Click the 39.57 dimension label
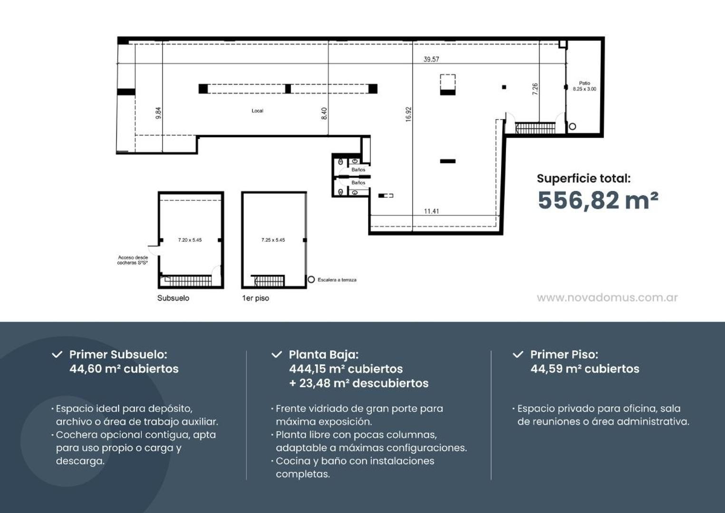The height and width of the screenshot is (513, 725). tap(431, 59)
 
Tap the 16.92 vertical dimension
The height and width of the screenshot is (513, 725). tap(408, 114)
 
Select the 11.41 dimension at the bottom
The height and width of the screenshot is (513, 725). tap(431, 211)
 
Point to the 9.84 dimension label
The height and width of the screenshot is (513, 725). tap(158, 113)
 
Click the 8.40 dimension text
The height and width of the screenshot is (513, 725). tap(324, 113)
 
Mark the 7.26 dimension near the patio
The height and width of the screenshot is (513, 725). tap(535, 89)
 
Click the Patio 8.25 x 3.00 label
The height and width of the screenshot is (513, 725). tap(584, 86)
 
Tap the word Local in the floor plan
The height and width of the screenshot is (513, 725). tap(257, 111)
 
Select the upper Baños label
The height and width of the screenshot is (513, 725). tap(358, 170)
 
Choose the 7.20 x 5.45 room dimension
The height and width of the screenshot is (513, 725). tap(190, 240)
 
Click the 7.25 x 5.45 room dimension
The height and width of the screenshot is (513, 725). tap(273, 240)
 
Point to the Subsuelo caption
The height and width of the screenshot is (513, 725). tap(173, 298)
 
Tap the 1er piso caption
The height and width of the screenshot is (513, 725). tap(255, 298)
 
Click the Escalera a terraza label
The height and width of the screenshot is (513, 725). tap(337, 280)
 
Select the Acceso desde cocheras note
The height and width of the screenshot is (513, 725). tap(133, 260)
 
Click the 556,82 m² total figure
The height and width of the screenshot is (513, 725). tap(598, 200)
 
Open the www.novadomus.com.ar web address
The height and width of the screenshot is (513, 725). tap(607, 298)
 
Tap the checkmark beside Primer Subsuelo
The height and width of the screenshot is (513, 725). tap(57, 354)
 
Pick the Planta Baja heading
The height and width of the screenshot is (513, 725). tap(323, 354)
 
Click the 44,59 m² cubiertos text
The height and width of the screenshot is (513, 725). tap(585, 369)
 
